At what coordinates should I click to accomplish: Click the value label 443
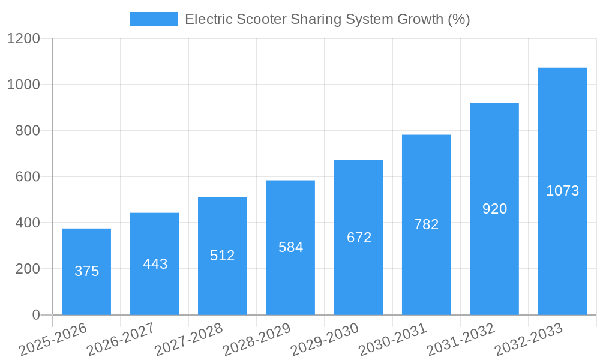[155, 264]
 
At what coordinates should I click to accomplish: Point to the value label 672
[359, 238]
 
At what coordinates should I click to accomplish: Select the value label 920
[495, 209]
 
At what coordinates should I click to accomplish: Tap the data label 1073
[562, 191]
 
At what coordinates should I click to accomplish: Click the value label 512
[223, 256]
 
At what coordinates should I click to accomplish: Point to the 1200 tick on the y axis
[23, 39]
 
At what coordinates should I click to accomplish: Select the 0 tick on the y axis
[35, 315]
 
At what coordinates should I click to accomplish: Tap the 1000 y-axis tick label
[23, 85]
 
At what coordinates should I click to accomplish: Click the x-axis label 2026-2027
[120, 339]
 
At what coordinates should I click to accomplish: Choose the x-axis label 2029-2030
[324, 339]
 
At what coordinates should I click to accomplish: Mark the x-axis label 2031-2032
[460, 339]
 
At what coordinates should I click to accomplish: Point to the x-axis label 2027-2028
[188, 339]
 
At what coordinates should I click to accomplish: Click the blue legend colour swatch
[154, 19]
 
